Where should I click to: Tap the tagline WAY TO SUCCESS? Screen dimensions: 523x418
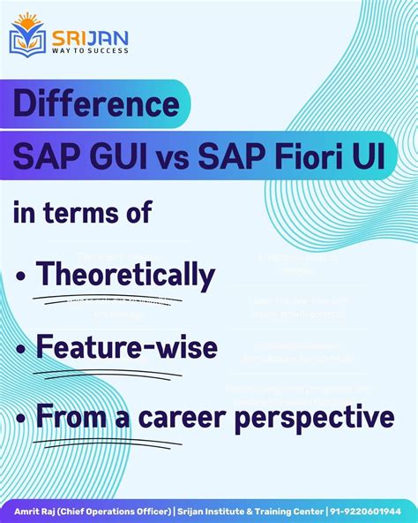pos(89,50)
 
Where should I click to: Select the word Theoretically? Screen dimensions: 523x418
pos(125,276)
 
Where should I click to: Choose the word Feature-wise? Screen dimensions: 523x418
pos(126,346)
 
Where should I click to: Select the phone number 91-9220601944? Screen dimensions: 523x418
pos(369,511)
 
